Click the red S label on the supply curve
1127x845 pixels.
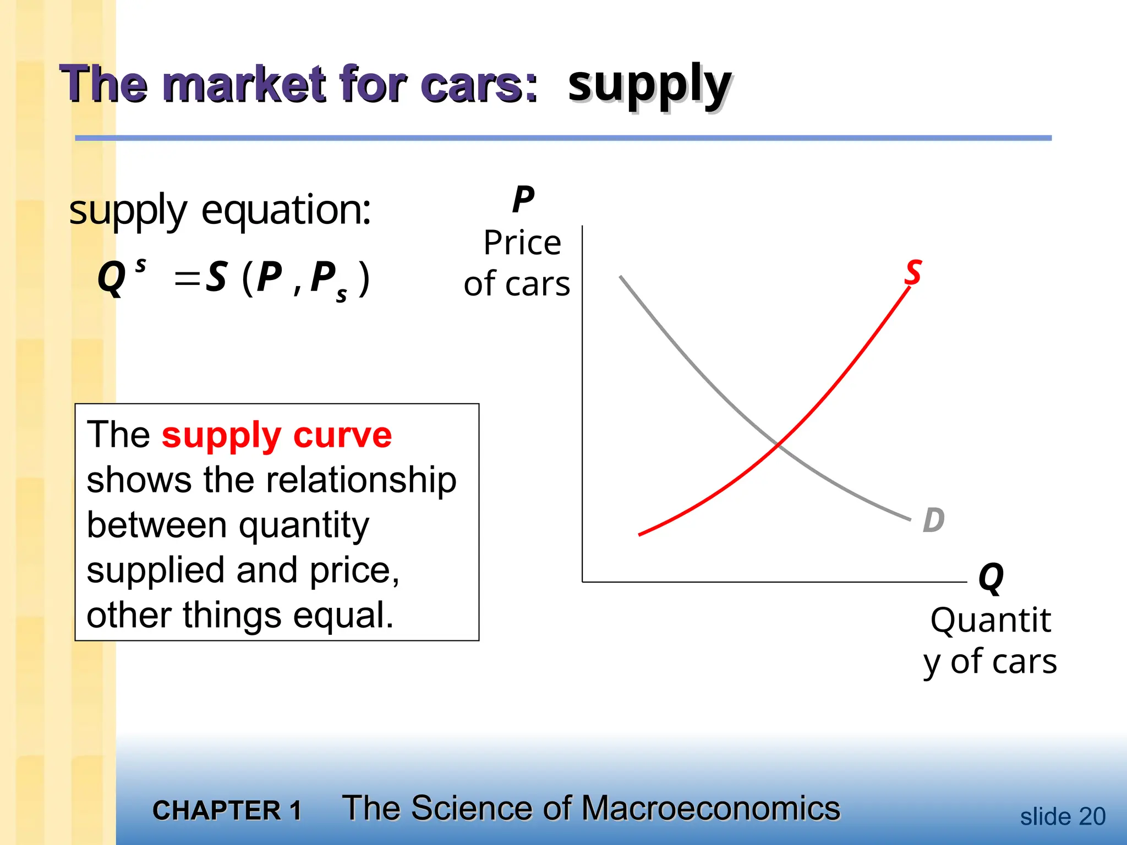[913, 272]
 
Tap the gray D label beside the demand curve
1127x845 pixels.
[934, 520]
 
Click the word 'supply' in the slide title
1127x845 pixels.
[649, 85]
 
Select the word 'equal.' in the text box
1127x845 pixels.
[343, 616]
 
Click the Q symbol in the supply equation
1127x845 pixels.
[112, 278]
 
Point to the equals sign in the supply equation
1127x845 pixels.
[187, 278]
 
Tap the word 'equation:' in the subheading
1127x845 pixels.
[286, 211]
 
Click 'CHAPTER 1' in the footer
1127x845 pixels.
[227, 810]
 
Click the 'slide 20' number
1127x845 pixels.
[1063, 816]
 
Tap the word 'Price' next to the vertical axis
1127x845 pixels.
[522, 243]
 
